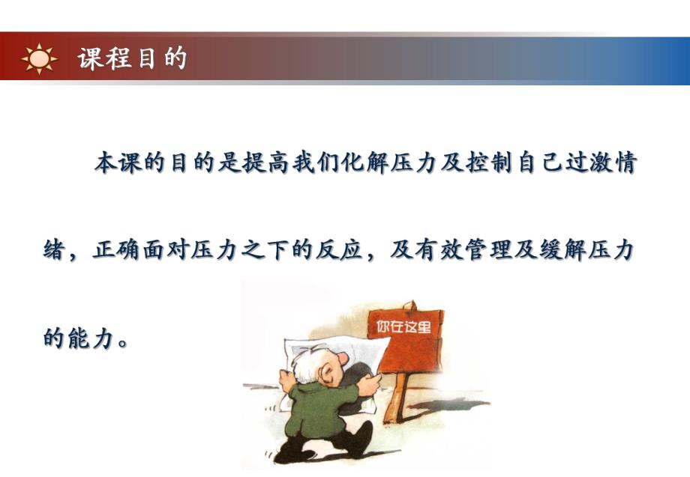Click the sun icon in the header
coord(39,58)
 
